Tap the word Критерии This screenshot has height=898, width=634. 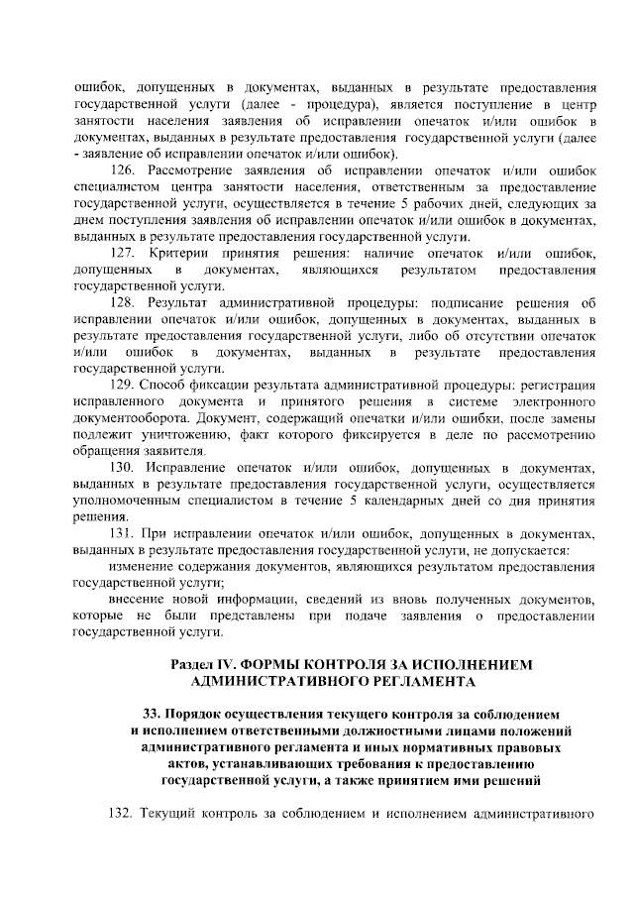[180, 256]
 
